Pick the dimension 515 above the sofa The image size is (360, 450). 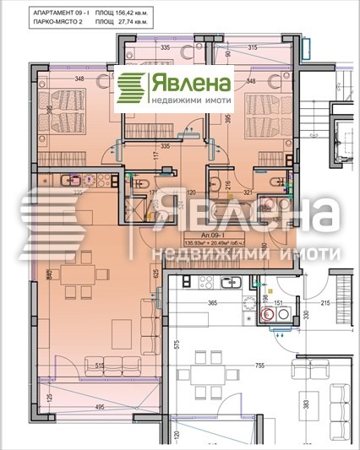100,365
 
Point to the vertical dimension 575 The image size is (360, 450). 177,344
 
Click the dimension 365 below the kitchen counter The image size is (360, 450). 214,301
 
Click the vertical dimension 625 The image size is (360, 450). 156,274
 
